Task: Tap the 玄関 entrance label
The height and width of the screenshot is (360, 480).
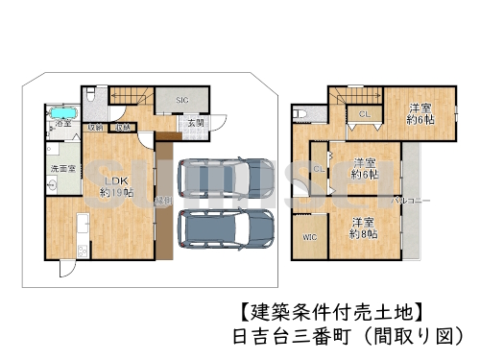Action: click(193, 123)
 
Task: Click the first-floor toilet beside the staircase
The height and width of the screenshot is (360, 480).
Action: click(89, 96)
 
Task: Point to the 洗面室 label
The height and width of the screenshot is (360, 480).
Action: click(61, 169)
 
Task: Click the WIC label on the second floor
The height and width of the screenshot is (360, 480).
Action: click(309, 236)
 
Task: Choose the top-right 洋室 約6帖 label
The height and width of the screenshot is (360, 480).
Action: click(420, 113)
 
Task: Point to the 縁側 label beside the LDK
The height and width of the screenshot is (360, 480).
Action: click(164, 200)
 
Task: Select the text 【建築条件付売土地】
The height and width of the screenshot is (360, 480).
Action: click(326, 312)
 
